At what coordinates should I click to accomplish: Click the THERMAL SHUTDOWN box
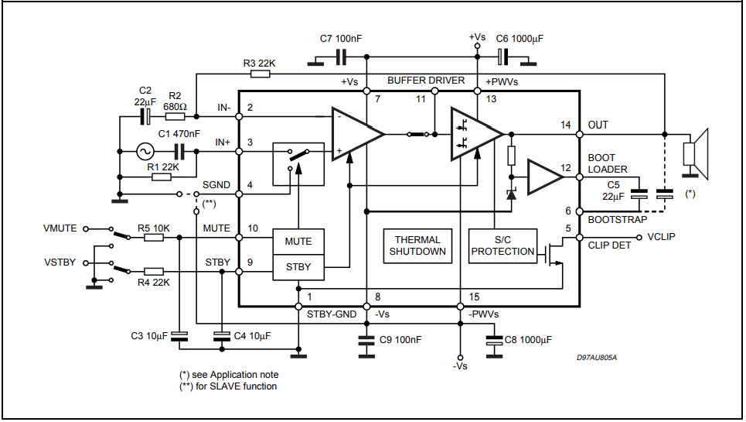click(417, 245)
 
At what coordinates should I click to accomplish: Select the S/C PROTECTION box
click(503, 245)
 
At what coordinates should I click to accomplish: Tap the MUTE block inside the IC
click(298, 242)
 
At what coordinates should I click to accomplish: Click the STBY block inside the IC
click(298, 267)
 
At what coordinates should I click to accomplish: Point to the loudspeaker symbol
click(696, 153)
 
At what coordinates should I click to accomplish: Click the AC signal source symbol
click(145, 152)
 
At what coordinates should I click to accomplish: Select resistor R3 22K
click(261, 74)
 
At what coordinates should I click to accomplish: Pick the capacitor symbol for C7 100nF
click(341, 57)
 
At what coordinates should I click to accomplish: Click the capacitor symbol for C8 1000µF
click(494, 340)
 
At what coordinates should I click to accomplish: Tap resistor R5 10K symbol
click(154, 237)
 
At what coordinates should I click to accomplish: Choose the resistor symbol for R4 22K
click(154, 272)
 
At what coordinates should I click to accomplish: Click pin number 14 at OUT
click(565, 125)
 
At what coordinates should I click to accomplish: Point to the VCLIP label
click(661, 237)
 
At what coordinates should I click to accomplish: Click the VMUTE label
click(60, 228)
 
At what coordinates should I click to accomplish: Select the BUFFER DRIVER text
click(426, 81)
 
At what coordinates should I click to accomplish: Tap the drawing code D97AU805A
click(597, 358)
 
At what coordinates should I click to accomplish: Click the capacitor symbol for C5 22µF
click(639, 194)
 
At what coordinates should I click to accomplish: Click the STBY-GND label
click(332, 314)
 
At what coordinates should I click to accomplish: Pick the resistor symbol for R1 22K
click(162, 177)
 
